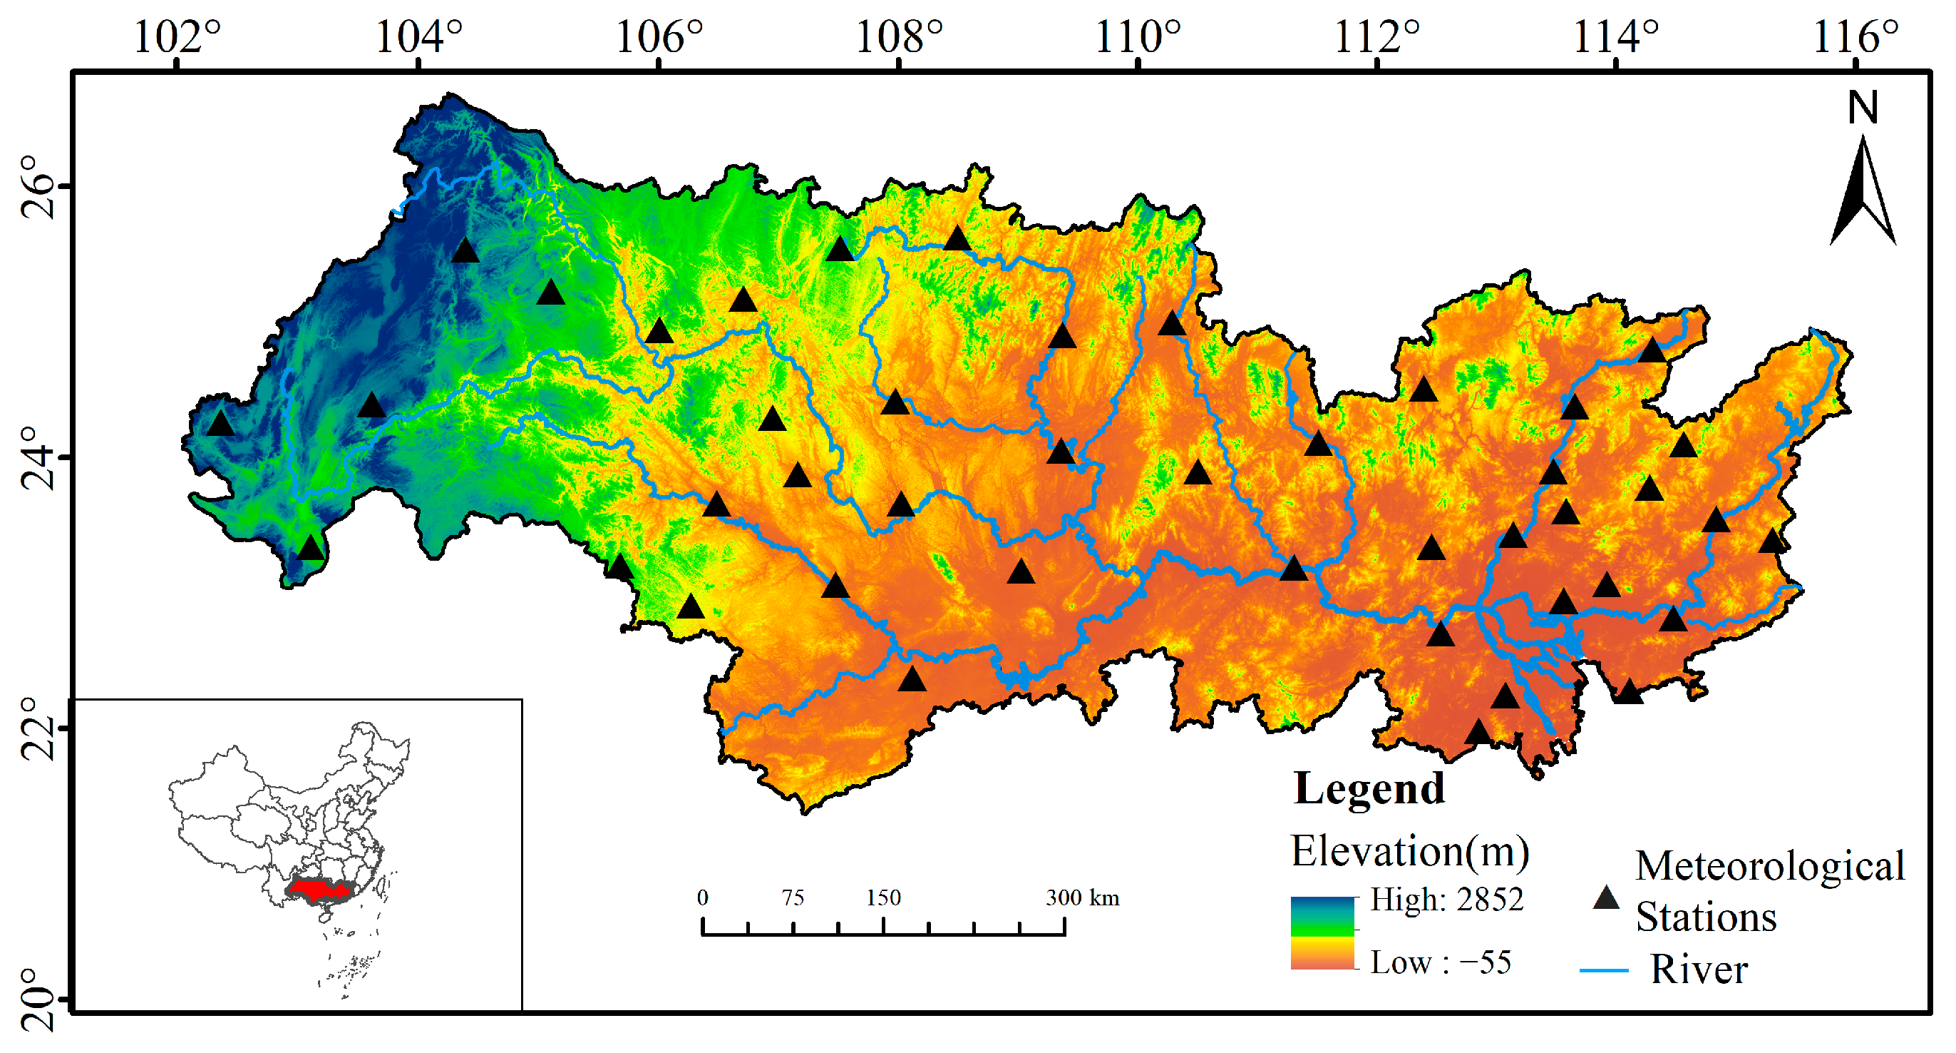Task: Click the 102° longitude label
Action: coord(177,36)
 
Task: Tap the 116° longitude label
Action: coord(1855,36)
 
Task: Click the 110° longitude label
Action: coord(1138,36)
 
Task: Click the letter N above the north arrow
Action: coord(1863,108)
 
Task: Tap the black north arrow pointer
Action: coord(1863,194)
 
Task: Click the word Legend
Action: coord(1369,788)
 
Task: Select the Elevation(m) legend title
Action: coord(1410,851)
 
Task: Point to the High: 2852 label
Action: coord(1446,900)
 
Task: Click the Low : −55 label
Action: coord(1441,962)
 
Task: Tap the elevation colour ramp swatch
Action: coord(1322,933)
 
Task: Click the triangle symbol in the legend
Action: coord(1605,899)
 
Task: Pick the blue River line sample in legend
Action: coord(1604,971)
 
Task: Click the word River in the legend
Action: coord(1699,970)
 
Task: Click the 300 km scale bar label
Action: coord(1082,898)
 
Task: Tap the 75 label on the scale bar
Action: coord(793,898)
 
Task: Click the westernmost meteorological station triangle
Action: coord(220,424)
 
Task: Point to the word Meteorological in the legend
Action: coord(1769,866)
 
